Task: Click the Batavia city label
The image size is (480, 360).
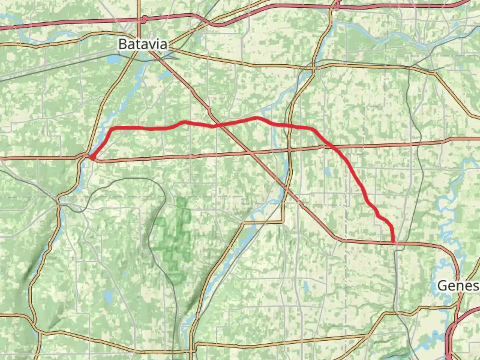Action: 143,44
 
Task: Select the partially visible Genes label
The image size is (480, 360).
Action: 458,286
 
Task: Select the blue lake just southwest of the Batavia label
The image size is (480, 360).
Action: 113,60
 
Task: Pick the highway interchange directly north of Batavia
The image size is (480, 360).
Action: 143,20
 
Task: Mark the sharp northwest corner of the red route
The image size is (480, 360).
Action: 111,129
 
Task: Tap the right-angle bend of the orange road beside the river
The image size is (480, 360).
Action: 283,221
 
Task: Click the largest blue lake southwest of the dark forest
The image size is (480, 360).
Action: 108,295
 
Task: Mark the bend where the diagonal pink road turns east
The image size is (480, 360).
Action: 337,239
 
